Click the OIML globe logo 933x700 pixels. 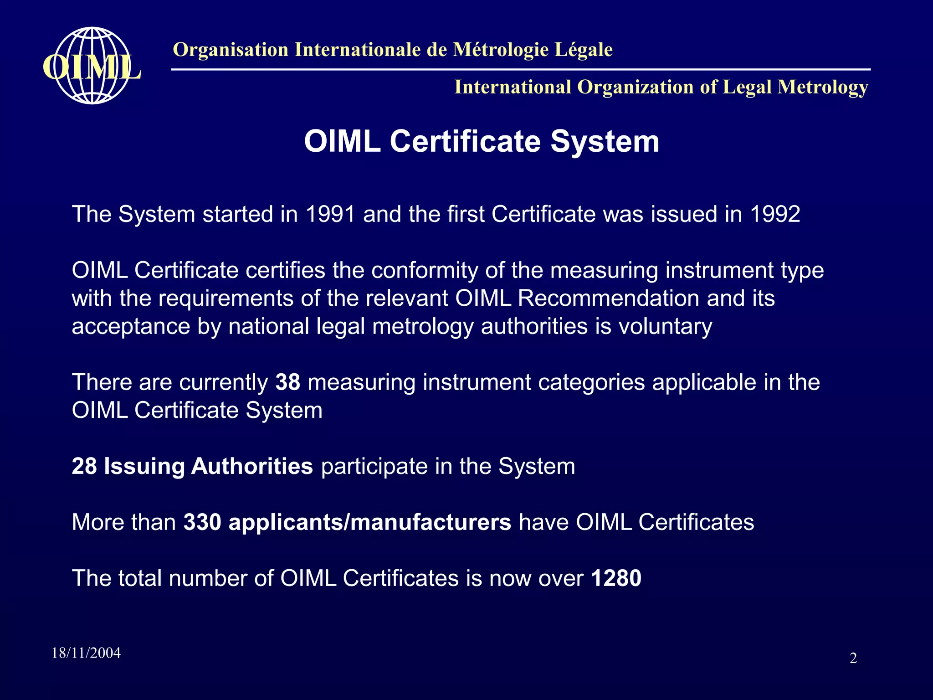[92, 66]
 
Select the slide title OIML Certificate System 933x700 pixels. [482, 141]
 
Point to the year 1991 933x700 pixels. [330, 214]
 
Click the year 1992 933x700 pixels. [775, 214]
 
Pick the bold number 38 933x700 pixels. [288, 382]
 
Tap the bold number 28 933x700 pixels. [84, 466]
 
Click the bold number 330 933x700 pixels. [202, 522]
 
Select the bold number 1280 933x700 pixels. [616, 578]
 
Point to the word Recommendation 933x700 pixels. [608, 299]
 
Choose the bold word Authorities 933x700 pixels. [252, 466]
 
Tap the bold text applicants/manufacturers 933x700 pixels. [369, 522]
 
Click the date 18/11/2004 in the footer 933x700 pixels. [86, 653]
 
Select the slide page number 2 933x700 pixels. [853, 658]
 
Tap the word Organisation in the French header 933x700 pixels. [231, 50]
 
